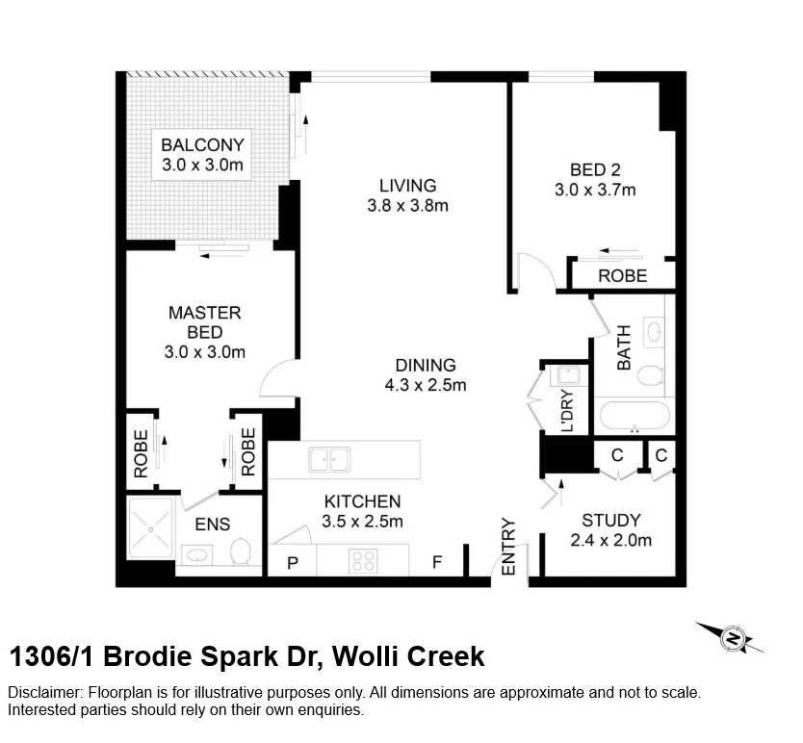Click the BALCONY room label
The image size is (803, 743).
pos(202,145)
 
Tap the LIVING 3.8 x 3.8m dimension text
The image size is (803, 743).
pos(407,205)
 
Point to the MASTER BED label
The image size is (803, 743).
pos(204,322)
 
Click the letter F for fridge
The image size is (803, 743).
pos(436,562)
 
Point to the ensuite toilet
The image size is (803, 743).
pos(241,551)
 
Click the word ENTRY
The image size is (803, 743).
pos(508,548)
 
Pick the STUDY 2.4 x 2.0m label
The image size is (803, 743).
pos(610,530)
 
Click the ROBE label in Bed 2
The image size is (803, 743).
pos(623,276)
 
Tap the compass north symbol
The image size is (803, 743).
pos(732,637)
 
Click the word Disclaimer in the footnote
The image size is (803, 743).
pos(45,693)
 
